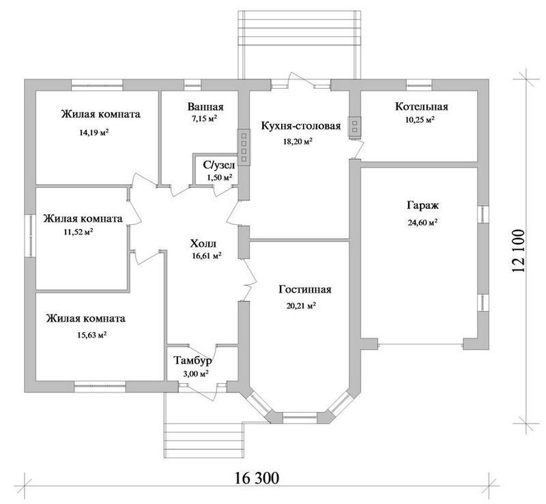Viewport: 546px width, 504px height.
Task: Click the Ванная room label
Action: [205, 106]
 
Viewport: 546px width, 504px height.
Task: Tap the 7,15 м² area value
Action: [205, 119]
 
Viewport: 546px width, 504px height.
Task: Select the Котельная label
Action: [421, 106]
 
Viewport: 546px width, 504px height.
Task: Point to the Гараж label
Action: [422, 205]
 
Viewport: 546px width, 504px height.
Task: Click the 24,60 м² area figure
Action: [422, 222]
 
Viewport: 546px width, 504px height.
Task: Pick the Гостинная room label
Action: [305, 289]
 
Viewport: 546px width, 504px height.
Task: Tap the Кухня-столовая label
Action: [301, 125]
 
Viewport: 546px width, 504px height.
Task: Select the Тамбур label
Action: [192, 361]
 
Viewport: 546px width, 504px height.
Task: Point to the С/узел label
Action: [219, 165]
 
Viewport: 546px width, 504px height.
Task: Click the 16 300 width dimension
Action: [257, 478]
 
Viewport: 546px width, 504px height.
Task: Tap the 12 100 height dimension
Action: [518, 251]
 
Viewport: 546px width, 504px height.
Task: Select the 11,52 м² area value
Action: [78, 231]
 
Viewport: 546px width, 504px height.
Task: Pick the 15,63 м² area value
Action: [91, 335]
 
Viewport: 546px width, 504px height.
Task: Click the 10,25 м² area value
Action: [420, 120]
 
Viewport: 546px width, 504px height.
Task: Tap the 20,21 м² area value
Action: [301, 306]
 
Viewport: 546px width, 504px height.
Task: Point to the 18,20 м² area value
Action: [298, 141]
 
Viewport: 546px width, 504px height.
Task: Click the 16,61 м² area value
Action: [207, 256]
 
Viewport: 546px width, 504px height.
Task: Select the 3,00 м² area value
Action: [196, 374]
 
